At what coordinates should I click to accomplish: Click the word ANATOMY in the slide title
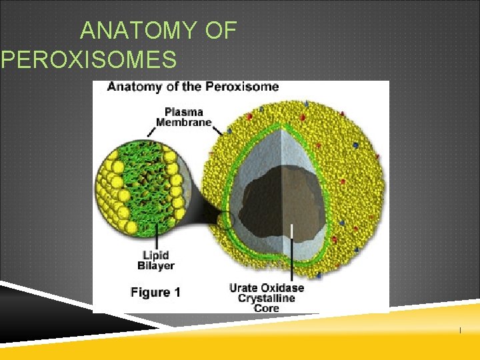tap(138, 31)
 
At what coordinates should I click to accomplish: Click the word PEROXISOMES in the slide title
tap(90, 60)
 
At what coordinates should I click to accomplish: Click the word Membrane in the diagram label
tap(184, 122)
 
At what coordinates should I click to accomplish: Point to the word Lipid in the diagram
tap(155, 255)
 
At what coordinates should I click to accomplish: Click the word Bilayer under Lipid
tap(155, 265)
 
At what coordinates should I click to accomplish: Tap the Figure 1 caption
tap(156, 292)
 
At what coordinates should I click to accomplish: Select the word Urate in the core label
tap(245, 288)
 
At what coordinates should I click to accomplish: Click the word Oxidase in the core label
tap(283, 288)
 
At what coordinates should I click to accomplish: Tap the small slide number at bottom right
tap(459, 331)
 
